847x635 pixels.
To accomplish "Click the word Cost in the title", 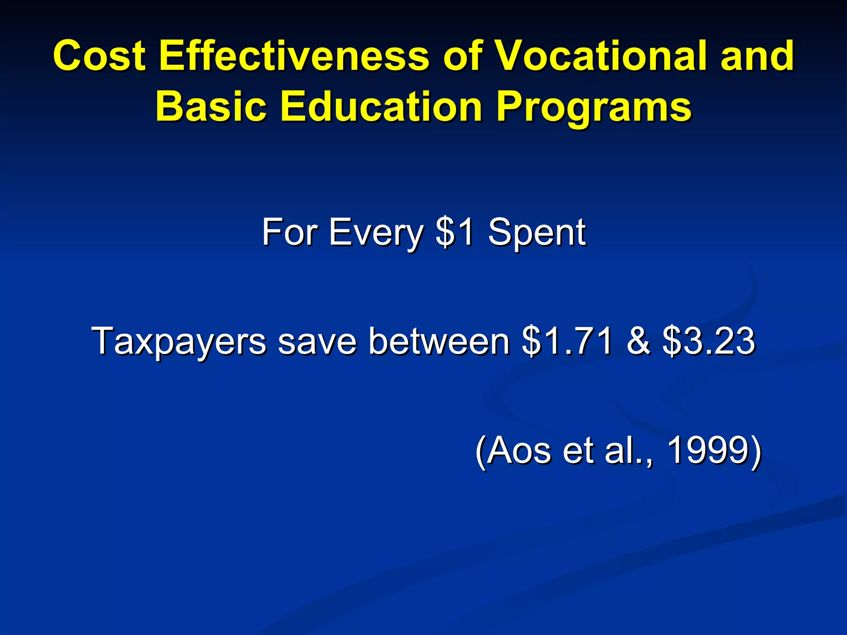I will pos(99,55).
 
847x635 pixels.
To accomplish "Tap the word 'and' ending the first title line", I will pos(757,55).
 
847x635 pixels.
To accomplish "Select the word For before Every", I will pos(290,232).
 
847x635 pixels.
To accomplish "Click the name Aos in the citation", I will pos(519,451).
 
